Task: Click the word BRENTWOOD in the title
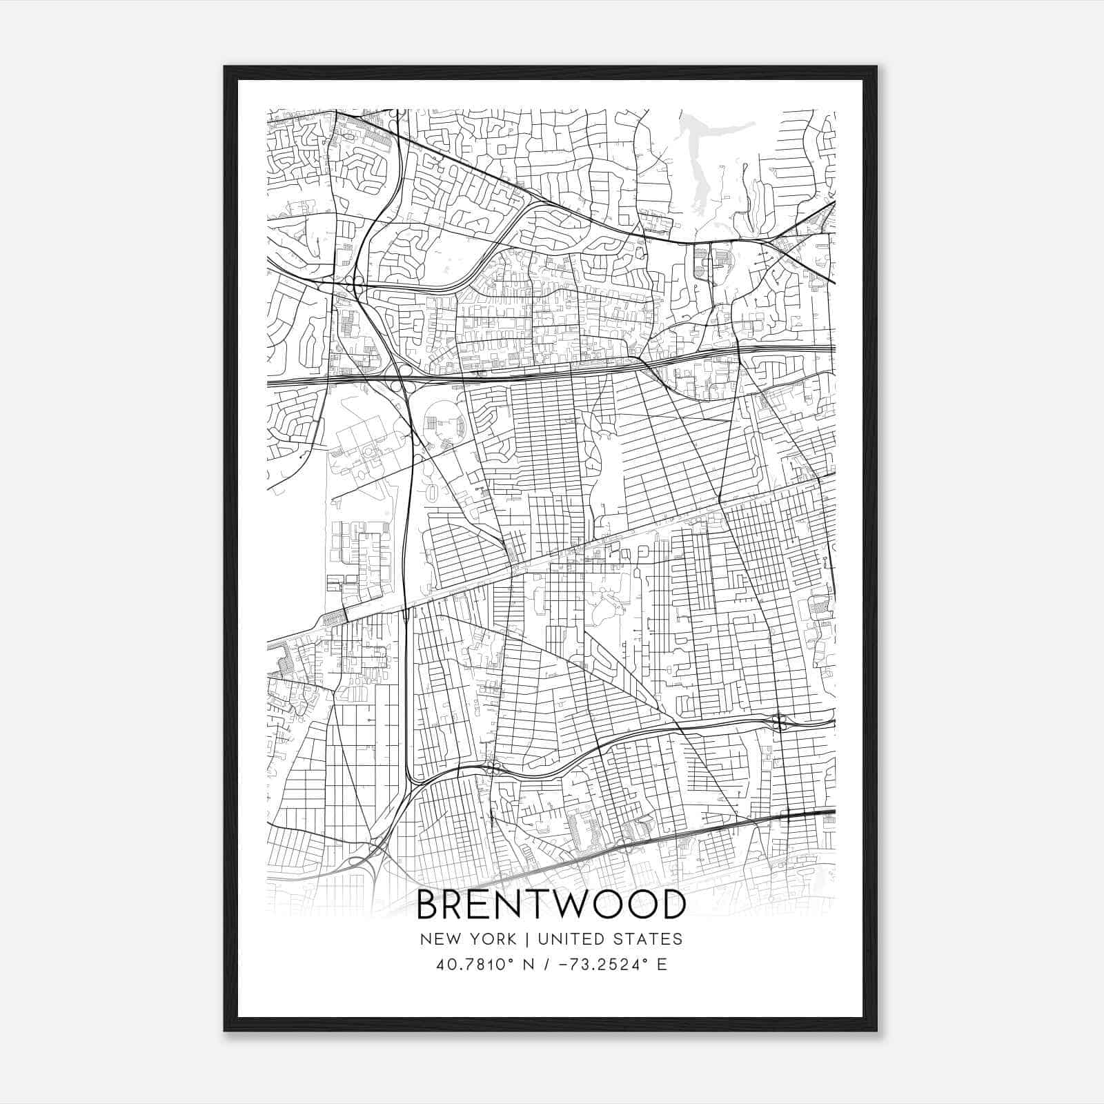(551, 905)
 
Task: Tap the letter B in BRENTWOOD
(430, 905)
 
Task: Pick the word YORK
(492, 938)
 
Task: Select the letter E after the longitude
(662, 964)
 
